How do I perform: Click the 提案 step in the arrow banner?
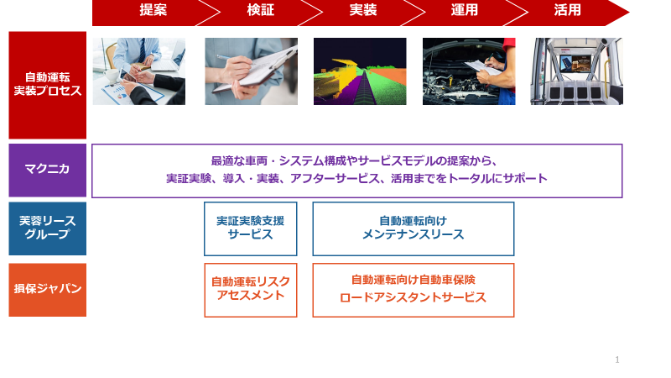(x=153, y=10)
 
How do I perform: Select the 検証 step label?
(x=260, y=10)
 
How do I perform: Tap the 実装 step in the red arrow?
(x=363, y=10)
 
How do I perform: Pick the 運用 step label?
(x=465, y=10)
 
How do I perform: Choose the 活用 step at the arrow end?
(x=567, y=10)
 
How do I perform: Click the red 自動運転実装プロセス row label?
(x=48, y=85)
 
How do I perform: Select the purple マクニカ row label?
(x=48, y=171)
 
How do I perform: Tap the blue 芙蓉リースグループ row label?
(x=48, y=228)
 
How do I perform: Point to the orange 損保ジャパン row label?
(x=48, y=290)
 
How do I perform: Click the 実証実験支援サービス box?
(x=250, y=228)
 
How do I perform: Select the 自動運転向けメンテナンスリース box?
(x=414, y=228)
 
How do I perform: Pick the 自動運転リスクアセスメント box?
(x=250, y=290)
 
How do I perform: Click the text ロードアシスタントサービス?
(x=413, y=297)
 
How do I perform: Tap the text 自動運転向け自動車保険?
(x=413, y=280)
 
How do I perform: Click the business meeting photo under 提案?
(x=139, y=71)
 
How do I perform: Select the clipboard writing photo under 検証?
(x=251, y=71)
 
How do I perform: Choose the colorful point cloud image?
(x=360, y=71)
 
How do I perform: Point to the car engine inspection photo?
(x=469, y=71)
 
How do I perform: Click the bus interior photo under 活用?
(x=577, y=71)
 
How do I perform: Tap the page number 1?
(x=617, y=360)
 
